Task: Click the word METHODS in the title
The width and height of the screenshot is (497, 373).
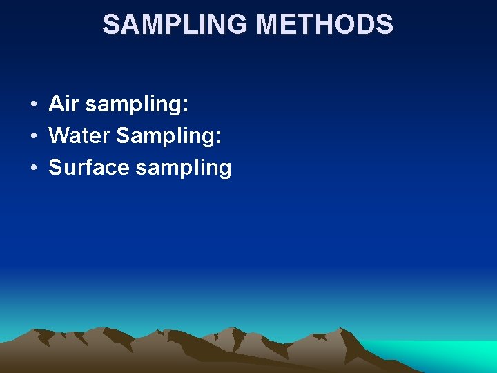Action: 325,25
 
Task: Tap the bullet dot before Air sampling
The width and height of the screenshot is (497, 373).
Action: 33,106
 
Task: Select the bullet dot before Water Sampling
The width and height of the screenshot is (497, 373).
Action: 33,137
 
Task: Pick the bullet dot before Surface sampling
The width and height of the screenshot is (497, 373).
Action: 33,169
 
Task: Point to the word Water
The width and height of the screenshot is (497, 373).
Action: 79,135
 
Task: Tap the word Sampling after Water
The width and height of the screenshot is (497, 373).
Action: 165,137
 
